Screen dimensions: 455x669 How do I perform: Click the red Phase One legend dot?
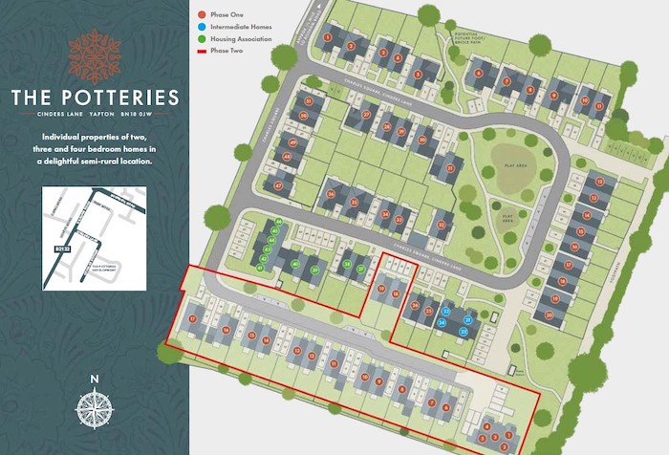(201, 15)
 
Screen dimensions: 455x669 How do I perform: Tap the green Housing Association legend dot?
(201, 39)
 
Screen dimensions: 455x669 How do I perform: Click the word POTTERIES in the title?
(124, 97)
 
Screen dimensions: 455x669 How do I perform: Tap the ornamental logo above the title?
(95, 54)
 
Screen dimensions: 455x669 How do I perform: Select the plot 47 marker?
(279, 185)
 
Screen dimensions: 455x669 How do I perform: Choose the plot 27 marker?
(366, 115)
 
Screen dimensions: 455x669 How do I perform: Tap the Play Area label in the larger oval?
(517, 164)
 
